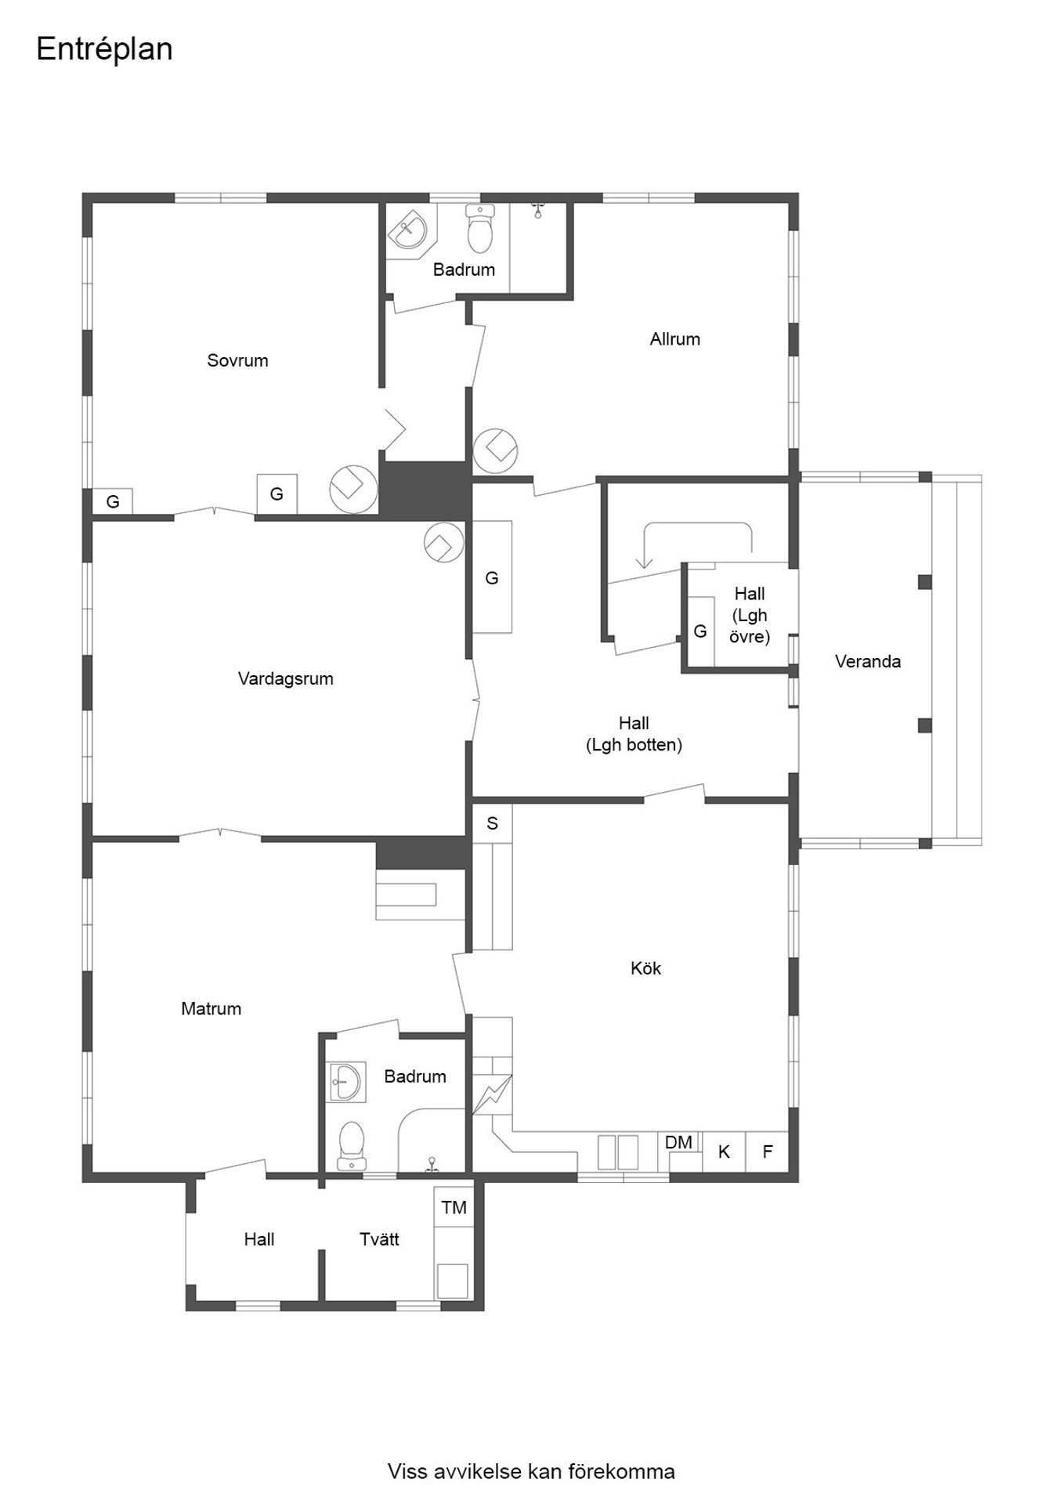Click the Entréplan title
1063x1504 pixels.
[104, 49]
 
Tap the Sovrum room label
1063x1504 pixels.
[237, 360]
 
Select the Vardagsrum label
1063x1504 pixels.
[286, 678]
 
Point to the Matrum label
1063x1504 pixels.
[211, 1008]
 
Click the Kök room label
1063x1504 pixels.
[645, 968]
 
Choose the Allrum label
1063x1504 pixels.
[674, 339]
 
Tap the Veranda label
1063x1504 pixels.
[867, 661]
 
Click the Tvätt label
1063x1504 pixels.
[379, 1239]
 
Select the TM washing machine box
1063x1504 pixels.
[454, 1207]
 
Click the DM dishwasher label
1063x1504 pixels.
[678, 1142]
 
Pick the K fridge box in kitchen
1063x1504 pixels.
[724, 1151]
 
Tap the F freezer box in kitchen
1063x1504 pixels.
[767, 1151]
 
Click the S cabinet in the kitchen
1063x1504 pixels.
[492, 823]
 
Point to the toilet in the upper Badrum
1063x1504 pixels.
[479, 228]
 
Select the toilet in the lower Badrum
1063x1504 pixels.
[352, 1146]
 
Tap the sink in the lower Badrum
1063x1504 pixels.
[346, 1082]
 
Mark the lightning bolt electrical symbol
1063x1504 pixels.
[492, 1094]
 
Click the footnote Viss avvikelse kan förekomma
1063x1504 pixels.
[531, 1472]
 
